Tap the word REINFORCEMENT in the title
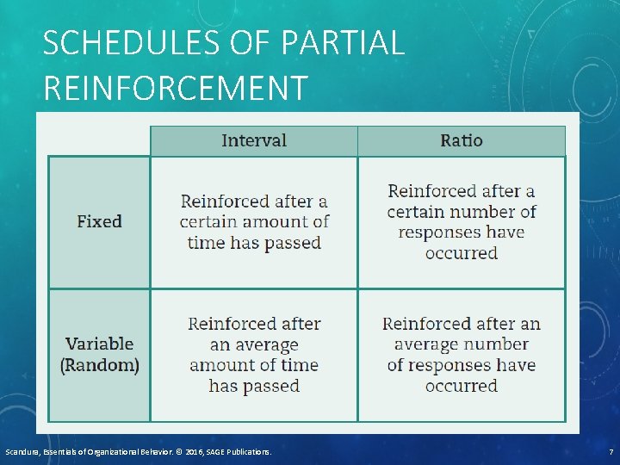tap(175, 88)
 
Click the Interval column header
tap(254, 140)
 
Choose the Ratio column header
tap(462, 140)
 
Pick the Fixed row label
tap(99, 221)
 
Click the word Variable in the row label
tap(100, 344)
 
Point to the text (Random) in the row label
tap(100, 364)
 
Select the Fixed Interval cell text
tap(254, 221)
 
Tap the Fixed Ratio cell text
tap(462, 221)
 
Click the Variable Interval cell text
tap(254, 354)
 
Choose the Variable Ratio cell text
tap(462, 354)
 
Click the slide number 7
tap(611, 451)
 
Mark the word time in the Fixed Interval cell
tap(205, 243)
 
